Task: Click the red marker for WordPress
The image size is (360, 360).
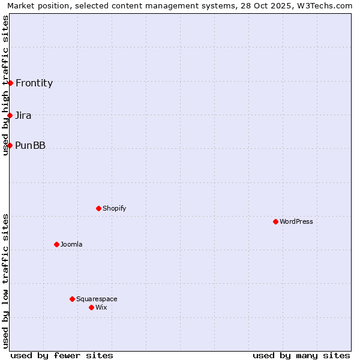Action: [x=275, y=221]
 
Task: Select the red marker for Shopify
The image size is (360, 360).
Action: [x=98, y=208]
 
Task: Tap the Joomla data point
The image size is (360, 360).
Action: [x=56, y=244]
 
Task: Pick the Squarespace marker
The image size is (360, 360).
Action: [x=72, y=299]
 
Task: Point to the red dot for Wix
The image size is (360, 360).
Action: [x=91, y=307]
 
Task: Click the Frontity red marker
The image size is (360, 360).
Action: [x=10, y=83]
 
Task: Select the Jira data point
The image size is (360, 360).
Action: [x=10, y=115]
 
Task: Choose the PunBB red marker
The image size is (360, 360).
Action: [x=10, y=145]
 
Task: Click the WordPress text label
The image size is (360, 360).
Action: [x=296, y=221]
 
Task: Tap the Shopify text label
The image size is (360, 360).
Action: [x=115, y=208]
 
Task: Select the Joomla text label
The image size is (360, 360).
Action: [x=71, y=244]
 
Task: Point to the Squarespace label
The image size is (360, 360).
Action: [x=97, y=299]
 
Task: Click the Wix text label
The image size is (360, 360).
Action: [x=101, y=307]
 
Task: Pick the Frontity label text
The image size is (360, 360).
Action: [x=34, y=83]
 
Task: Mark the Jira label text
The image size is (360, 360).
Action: [x=23, y=115]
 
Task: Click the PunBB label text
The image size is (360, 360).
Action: [x=30, y=145]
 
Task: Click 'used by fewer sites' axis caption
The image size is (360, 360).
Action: [x=62, y=355]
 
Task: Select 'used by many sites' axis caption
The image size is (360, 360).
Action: [x=301, y=355]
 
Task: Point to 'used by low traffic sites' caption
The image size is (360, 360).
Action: [x=5, y=281]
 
